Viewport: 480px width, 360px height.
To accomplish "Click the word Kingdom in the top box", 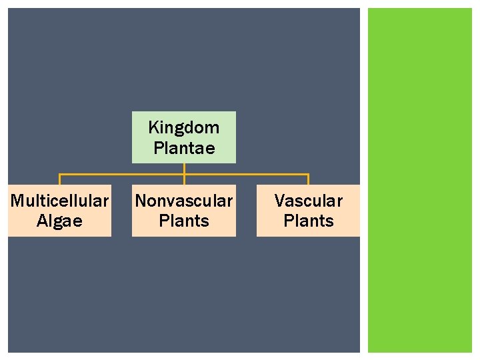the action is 183,127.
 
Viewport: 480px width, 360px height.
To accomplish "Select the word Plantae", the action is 184,148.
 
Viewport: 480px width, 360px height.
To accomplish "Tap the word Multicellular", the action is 59,200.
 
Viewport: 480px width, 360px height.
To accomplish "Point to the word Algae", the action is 59,221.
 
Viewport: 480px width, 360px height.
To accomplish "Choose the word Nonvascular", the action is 184,200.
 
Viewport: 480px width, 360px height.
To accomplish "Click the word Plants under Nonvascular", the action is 184,221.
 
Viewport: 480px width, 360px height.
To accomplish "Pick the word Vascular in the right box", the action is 308,200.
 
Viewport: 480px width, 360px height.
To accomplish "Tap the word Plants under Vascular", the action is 308,221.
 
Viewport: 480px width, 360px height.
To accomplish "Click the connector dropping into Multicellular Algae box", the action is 60,179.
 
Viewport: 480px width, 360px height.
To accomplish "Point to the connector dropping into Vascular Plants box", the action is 308,179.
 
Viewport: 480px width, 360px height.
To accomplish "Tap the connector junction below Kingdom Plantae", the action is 184,175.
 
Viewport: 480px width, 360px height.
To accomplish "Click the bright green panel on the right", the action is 420,180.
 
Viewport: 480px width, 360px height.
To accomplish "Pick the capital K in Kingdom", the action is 153,127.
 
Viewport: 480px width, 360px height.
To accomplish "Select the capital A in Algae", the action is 41,221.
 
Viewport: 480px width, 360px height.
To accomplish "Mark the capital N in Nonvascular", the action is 141,200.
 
